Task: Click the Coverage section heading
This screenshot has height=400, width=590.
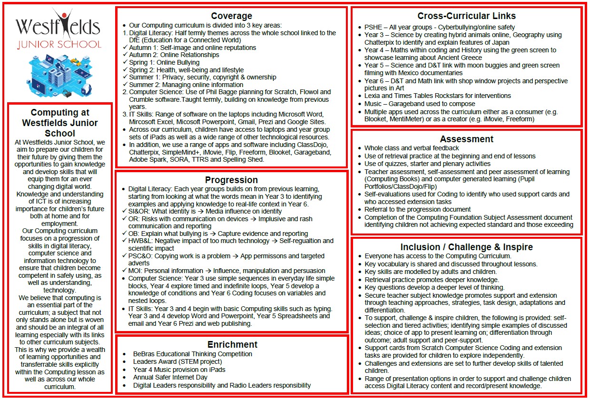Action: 231,16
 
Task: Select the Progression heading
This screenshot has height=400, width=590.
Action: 231,180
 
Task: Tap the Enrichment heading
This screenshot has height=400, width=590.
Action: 232,344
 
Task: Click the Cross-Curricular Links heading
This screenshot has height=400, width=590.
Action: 466,16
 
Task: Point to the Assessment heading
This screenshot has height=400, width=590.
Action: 466,139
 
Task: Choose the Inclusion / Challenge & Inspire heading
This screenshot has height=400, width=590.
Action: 466,247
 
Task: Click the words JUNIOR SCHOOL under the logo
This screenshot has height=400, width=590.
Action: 59,45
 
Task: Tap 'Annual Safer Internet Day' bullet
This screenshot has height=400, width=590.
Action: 170,377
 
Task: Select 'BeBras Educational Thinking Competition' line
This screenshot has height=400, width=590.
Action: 192,354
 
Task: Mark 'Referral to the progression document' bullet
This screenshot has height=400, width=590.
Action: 417,209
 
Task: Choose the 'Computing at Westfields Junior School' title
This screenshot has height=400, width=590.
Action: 60,123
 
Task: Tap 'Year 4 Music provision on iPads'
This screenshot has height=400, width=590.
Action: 179,370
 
